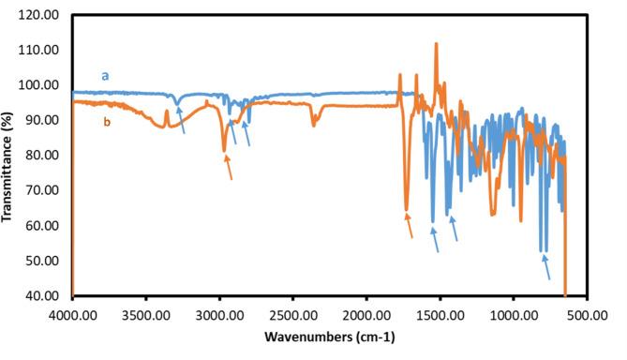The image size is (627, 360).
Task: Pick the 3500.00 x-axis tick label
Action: (x=145, y=316)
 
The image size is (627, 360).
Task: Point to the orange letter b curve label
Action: (x=106, y=120)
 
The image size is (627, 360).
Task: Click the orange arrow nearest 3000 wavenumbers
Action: (x=228, y=167)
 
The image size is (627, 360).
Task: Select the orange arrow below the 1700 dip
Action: (x=409, y=225)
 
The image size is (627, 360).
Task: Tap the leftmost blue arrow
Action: (x=181, y=121)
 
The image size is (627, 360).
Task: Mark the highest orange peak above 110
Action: (x=436, y=44)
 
